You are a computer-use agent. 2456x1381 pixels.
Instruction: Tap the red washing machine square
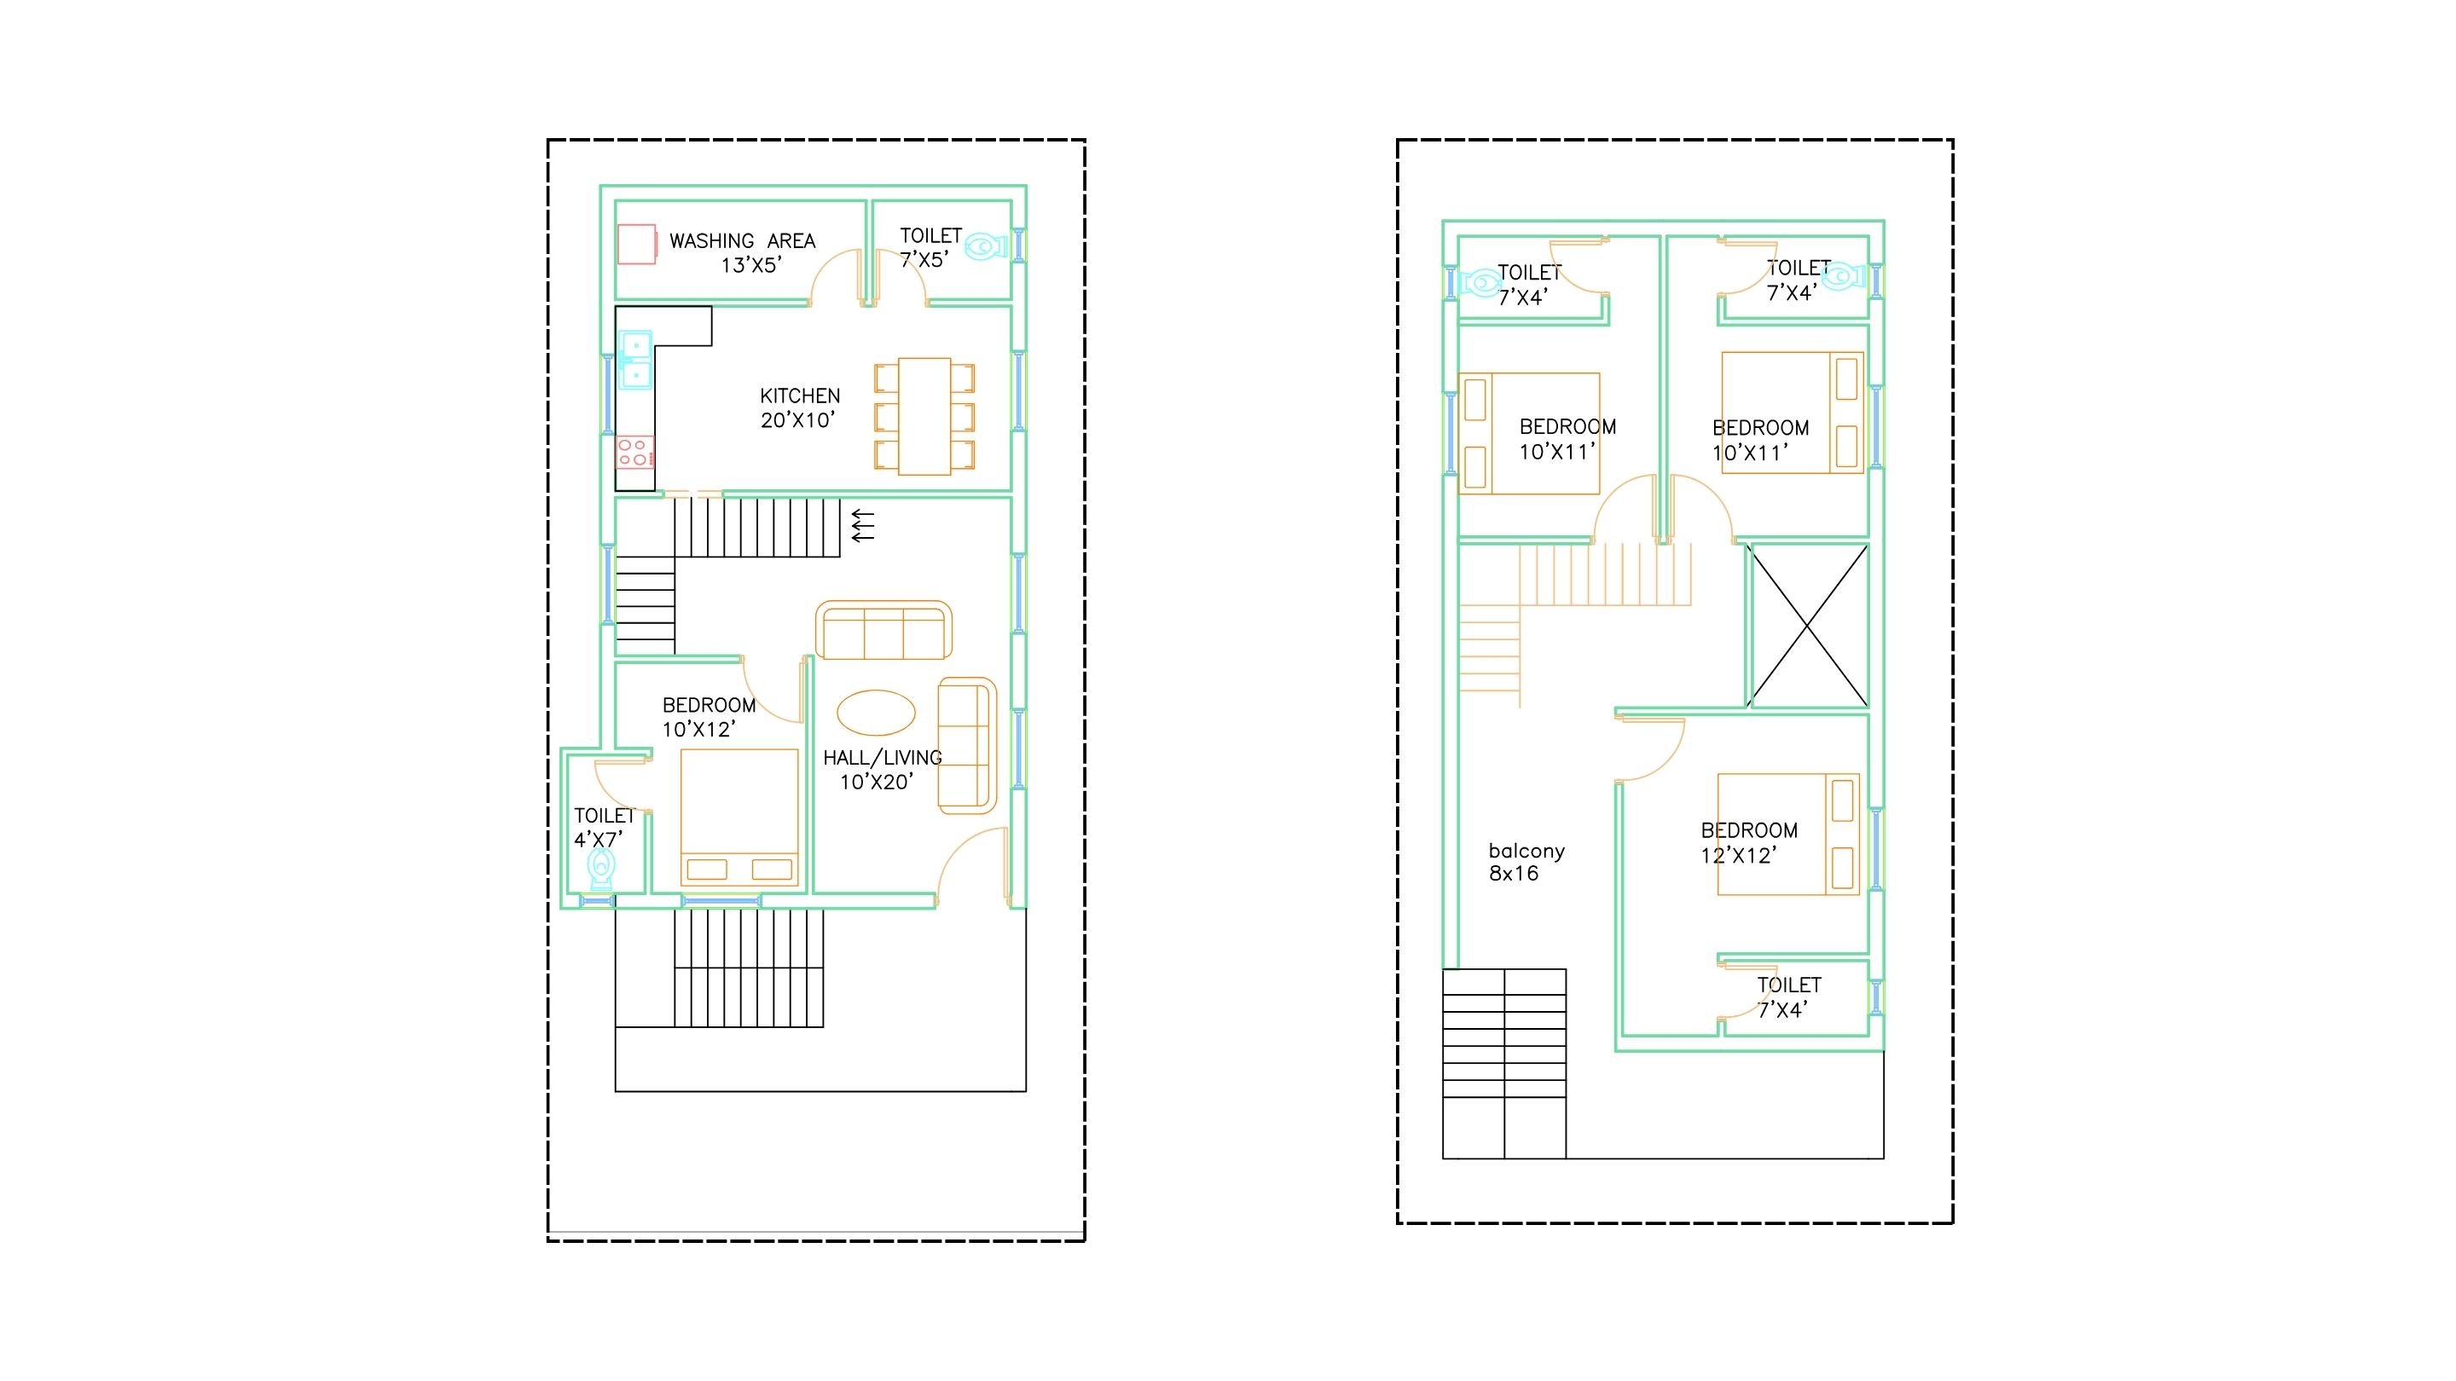637,244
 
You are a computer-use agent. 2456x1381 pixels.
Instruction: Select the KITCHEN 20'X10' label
800,408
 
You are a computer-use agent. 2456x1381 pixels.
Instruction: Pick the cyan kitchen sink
635,361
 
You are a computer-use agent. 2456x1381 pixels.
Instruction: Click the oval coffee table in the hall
876,712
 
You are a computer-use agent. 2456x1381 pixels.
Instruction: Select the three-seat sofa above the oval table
883,630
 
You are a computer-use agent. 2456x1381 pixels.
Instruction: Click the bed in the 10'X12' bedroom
739,818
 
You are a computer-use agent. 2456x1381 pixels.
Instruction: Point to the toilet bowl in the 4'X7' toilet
600,869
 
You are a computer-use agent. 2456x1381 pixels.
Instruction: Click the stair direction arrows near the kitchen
862,526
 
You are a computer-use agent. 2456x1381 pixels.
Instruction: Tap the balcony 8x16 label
1526,863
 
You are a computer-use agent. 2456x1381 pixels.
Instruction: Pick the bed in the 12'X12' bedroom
1788,834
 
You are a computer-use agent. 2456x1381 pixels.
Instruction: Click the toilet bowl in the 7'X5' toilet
986,247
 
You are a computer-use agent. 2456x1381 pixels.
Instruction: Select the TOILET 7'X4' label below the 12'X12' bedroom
1788,997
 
